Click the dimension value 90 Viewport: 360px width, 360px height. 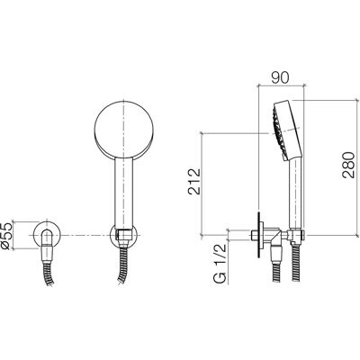pos(280,77)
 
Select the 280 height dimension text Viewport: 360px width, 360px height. pos(349,165)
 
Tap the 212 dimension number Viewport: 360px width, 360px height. pos(194,182)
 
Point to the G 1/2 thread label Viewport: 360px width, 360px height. pos(220,263)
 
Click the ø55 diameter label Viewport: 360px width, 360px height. pos(6,236)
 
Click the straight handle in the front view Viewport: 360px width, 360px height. pos(123,192)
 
